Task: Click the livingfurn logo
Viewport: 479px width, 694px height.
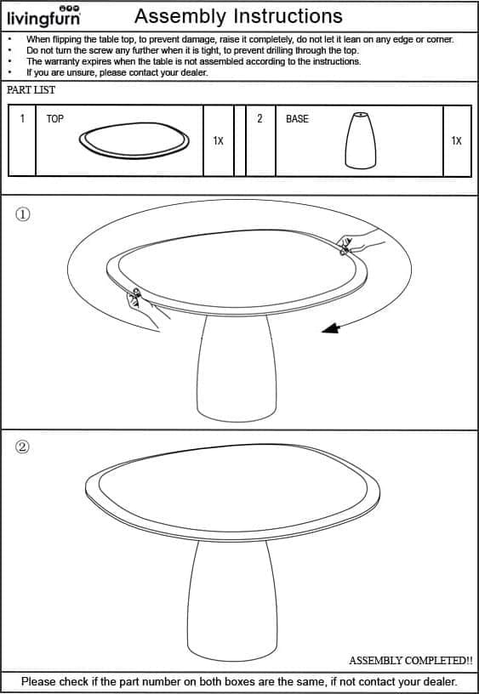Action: [44, 16]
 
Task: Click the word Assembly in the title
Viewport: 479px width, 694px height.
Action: [180, 16]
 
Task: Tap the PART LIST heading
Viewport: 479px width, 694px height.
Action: [31, 90]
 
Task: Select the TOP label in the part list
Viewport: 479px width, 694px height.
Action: [55, 118]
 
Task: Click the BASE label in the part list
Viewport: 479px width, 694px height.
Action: [297, 118]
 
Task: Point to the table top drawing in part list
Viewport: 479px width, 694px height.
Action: [134, 140]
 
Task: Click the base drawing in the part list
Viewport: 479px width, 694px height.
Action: [361, 140]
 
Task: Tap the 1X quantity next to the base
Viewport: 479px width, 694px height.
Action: [456, 140]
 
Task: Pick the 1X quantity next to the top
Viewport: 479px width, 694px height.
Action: [219, 140]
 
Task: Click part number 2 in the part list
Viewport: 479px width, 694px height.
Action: [259, 118]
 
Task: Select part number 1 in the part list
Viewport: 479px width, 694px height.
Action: [22, 118]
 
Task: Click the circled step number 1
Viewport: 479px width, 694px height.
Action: [23, 214]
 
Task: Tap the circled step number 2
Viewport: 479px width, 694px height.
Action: [23, 447]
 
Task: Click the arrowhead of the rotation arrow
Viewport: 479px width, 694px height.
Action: [330, 328]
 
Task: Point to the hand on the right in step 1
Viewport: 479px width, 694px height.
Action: [357, 242]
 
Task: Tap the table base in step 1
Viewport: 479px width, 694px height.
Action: [237, 367]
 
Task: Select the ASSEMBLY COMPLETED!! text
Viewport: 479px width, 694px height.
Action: [410, 660]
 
